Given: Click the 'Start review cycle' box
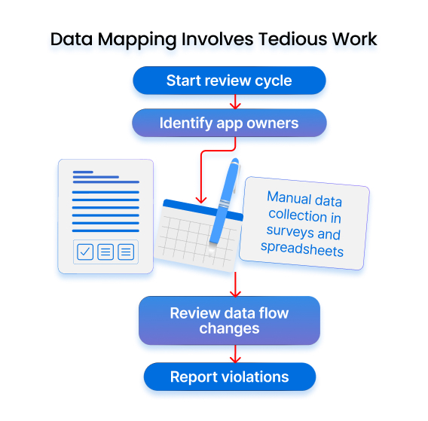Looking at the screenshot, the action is (x=229, y=81).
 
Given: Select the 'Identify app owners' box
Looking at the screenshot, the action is (x=229, y=123).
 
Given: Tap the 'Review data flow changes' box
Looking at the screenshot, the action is (x=229, y=321).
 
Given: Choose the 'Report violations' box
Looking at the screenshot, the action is (x=230, y=377).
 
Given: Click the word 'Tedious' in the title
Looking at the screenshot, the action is (x=292, y=39).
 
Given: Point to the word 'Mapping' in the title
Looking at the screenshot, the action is (x=137, y=40).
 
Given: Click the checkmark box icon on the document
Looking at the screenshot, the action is (x=85, y=252).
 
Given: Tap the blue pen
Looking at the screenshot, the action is (x=225, y=202).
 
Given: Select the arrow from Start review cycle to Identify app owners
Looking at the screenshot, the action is (x=235, y=102).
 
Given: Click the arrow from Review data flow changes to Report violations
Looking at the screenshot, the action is (x=235, y=354).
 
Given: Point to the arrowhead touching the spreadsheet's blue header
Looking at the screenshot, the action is (x=201, y=200).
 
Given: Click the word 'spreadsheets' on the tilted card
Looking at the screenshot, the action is (x=302, y=249).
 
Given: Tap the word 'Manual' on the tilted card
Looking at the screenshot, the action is (x=289, y=197).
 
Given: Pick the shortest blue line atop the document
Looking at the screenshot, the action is (x=83, y=172).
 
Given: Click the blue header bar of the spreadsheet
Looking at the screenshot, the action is (x=203, y=209).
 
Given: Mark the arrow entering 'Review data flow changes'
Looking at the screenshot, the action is (x=235, y=284).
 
